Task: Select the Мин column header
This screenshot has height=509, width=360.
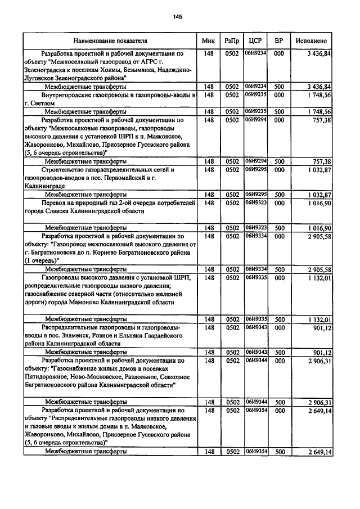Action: click(x=207, y=41)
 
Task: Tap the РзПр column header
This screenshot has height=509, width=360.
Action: click(x=231, y=41)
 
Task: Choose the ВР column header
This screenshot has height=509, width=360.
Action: click(x=278, y=41)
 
